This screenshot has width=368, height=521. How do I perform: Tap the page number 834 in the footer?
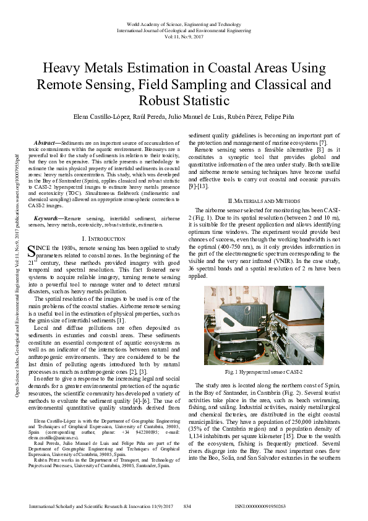[187, 506]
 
